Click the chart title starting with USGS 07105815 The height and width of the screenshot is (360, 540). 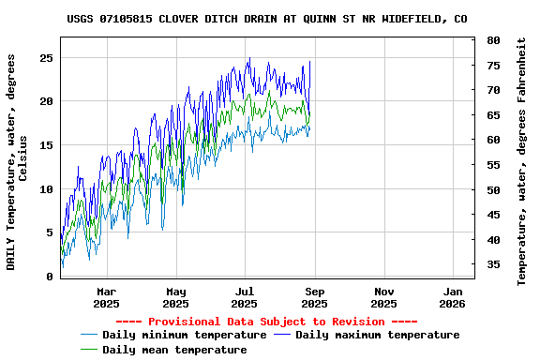click(267, 19)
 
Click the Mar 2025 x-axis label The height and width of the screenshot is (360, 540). click(106, 297)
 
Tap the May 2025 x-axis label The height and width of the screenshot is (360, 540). click(175, 297)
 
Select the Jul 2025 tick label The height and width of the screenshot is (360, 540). click(244, 297)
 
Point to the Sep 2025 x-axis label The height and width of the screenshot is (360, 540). click(314, 297)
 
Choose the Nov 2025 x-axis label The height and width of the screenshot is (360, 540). click(383, 297)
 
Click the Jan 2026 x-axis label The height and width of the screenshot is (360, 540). click(452, 297)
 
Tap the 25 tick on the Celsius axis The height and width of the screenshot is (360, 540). click(45, 58)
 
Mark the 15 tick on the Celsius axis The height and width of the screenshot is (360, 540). click(45, 145)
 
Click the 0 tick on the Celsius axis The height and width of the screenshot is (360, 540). click(49, 277)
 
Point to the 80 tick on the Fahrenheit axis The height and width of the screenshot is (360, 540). click(493, 40)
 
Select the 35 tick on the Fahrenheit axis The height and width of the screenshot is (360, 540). click(493, 265)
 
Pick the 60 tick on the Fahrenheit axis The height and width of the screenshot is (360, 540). click(493, 141)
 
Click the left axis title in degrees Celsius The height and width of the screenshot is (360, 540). click(18, 161)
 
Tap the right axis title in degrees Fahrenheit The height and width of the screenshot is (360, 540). click(522, 161)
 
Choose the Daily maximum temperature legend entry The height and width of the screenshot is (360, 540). click(377, 335)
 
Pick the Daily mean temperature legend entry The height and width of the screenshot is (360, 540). click(174, 350)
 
